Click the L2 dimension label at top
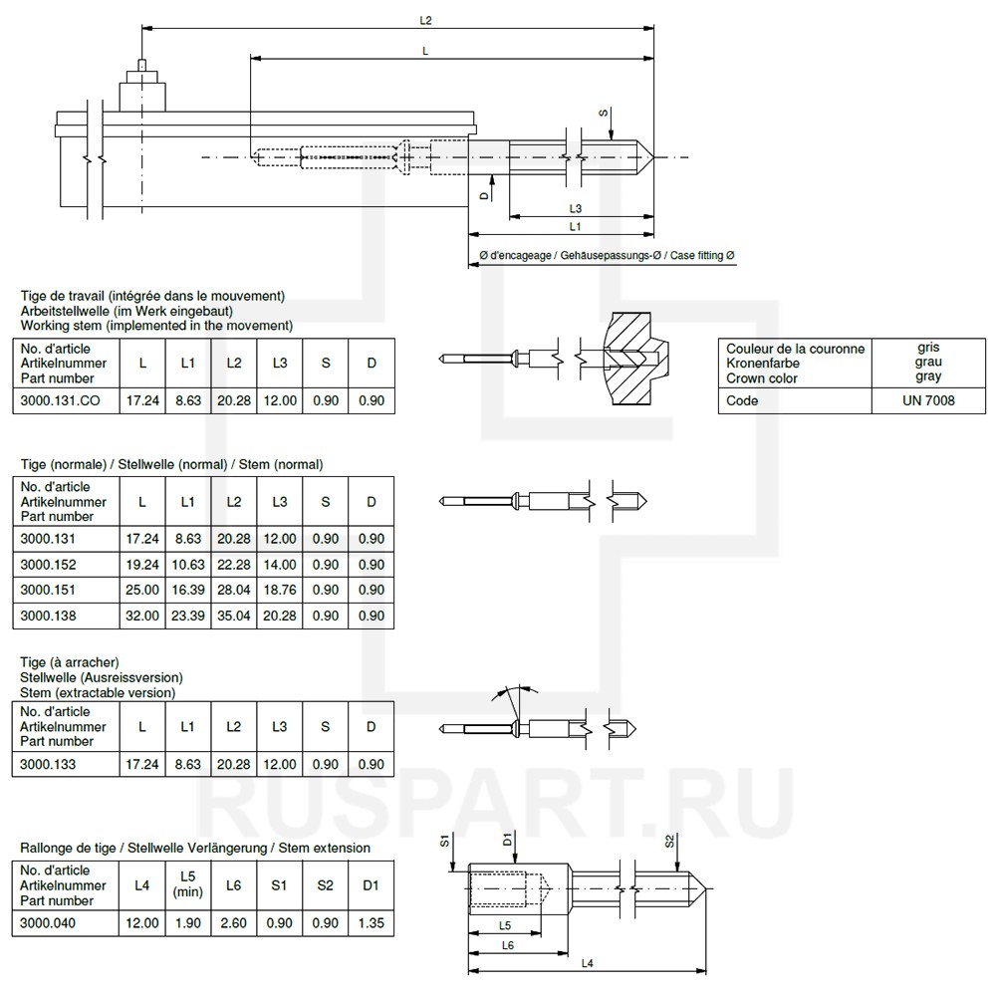(426, 19)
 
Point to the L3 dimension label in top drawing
(576, 208)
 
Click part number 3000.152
(49, 564)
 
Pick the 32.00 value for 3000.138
(142, 616)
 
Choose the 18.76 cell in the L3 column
(280, 590)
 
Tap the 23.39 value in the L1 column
(187, 616)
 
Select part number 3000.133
(49, 764)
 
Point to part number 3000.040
(49, 923)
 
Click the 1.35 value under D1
(371, 923)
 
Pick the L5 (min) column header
(187, 884)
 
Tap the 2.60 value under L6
(233, 923)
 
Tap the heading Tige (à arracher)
(70, 662)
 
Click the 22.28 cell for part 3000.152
(233, 564)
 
